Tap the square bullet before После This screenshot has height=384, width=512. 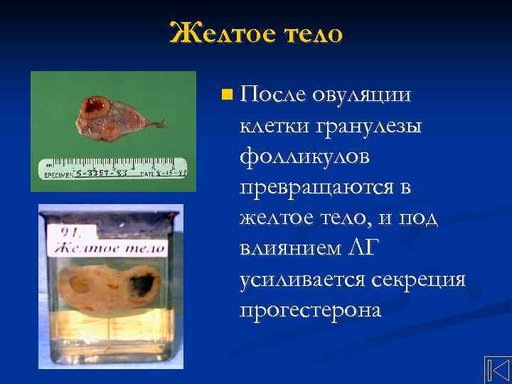(x=226, y=93)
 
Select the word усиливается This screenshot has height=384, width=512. (x=304, y=279)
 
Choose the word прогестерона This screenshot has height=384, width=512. (x=311, y=310)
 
